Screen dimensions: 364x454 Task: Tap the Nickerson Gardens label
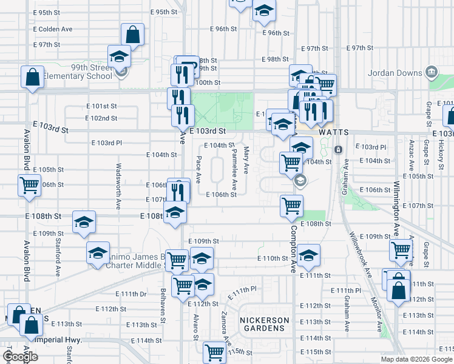point(262,324)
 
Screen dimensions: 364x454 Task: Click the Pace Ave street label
point(198,169)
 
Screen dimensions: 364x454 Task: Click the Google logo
point(19,357)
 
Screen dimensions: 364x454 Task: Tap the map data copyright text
point(416,359)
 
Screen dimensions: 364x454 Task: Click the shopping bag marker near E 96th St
point(132,35)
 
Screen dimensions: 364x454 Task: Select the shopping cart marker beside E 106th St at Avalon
point(29,185)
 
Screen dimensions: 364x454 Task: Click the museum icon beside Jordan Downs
point(432,72)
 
